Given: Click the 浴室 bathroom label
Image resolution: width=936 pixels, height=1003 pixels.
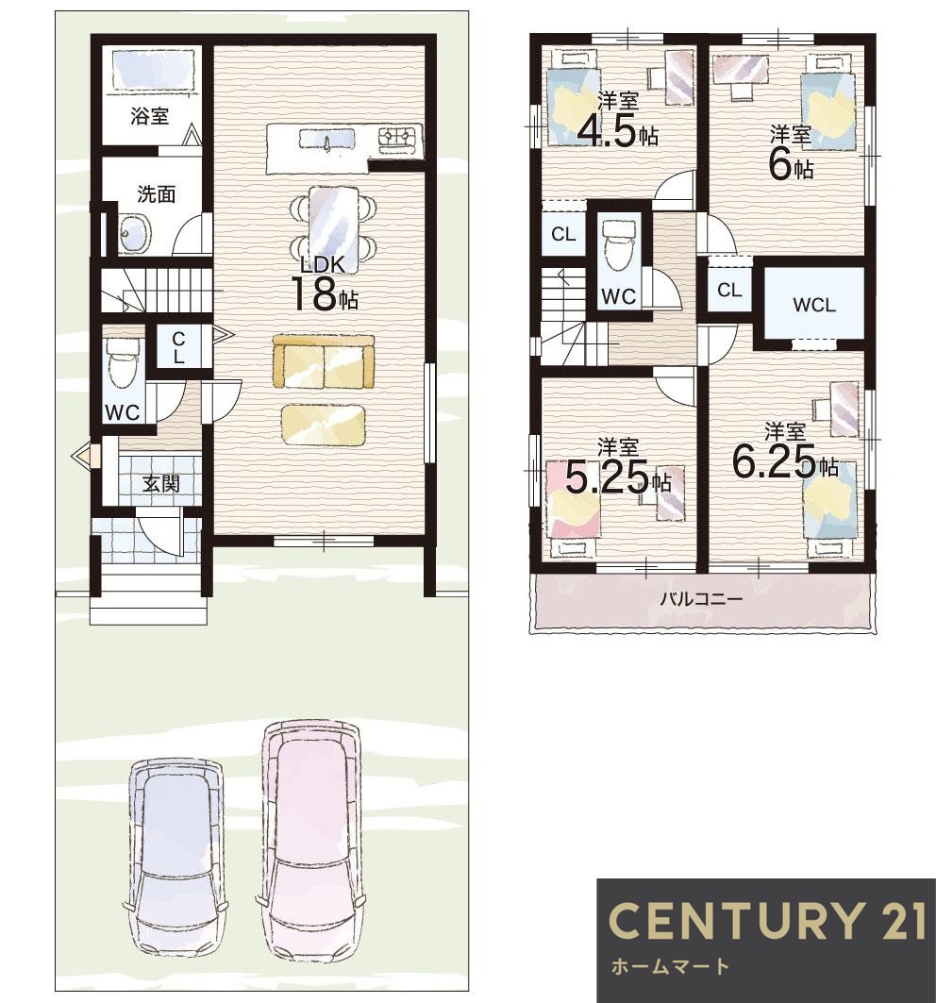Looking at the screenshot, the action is [x=150, y=116].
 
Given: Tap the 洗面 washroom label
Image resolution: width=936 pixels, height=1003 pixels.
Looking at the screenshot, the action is [x=156, y=193].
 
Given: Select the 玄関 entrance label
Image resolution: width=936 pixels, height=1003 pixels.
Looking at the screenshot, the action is [x=160, y=484].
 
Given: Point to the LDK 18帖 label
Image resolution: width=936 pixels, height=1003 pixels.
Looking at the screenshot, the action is [x=325, y=283].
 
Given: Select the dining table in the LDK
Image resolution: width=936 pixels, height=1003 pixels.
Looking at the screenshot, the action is [x=333, y=222].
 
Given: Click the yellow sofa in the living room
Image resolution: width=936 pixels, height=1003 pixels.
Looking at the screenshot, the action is [x=323, y=361].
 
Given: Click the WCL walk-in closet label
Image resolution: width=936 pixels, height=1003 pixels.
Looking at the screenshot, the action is [x=813, y=305].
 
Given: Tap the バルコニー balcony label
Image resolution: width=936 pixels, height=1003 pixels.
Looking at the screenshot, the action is [x=701, y=599].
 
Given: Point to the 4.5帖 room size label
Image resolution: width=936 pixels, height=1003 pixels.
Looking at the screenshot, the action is [x=617, y=132].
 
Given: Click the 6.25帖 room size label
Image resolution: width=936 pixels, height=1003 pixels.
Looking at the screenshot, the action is [x=785, y=461].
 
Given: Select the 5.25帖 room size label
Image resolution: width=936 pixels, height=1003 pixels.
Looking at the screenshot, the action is [x=619, y=477].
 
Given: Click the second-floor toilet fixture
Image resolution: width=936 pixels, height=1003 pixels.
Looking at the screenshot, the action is [x=619, y=243].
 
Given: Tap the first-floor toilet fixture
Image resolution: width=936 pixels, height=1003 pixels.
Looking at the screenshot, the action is [x=123, y=362].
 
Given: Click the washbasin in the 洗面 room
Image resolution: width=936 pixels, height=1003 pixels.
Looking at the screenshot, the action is [x=134, y=232].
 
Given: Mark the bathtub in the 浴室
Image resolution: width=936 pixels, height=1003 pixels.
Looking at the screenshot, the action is [x=154, y=70].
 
